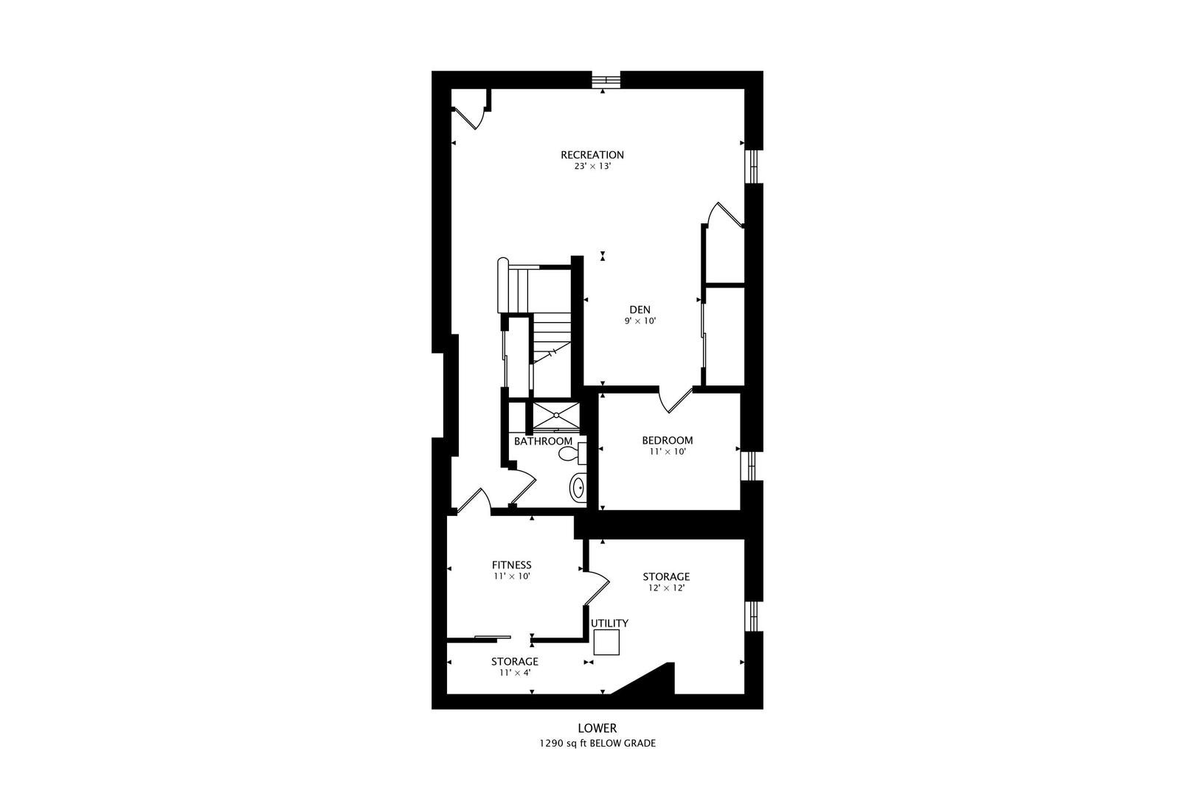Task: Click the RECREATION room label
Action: [x=592, y=156]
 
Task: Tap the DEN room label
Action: [x=640, y=310]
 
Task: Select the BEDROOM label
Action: [x=668, y=441]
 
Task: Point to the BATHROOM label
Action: [x=543, y=441]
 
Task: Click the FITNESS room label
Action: [x=512, y=565]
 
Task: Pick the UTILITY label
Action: [x=609, y=624]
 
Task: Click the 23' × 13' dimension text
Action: [x=592, y=167]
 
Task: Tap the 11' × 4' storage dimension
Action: [x=515, y=673]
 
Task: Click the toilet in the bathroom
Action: [x=572, y=454]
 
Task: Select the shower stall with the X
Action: [x=556, y=416]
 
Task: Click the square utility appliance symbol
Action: [x=606, y=642]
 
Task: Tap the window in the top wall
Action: [x=606, y=80]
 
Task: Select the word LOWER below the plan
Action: [x=597, y=728]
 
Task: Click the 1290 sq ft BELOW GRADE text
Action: [x=597, y=744]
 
